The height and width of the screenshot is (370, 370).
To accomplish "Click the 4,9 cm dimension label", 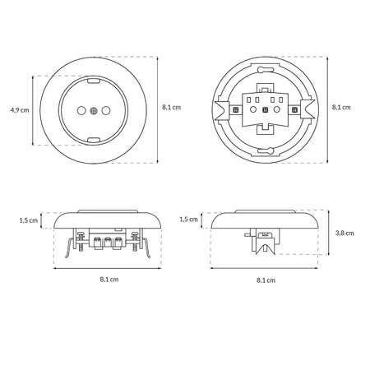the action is click(x=20, y=110).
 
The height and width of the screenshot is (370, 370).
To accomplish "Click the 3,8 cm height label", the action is click(x=345, y=233).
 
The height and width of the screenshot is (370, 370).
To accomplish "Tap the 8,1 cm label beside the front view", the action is click(x=171, y=107).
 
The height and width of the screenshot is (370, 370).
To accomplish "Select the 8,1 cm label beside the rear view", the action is click(x=341, y=107).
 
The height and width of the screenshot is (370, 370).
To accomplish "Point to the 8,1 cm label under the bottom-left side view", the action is click(x=109, y=280).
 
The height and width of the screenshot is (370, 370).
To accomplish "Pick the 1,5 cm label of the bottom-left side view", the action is click(x=29, y=220).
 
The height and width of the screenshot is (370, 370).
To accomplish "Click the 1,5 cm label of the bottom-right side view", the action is click(x=188, y=219).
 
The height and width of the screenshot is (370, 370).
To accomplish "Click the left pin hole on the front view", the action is click(x=81, y=111).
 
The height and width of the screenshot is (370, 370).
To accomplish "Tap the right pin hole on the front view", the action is click(x=105, y=111).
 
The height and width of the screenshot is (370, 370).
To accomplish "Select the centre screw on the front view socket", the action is click(x=94, y=111).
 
